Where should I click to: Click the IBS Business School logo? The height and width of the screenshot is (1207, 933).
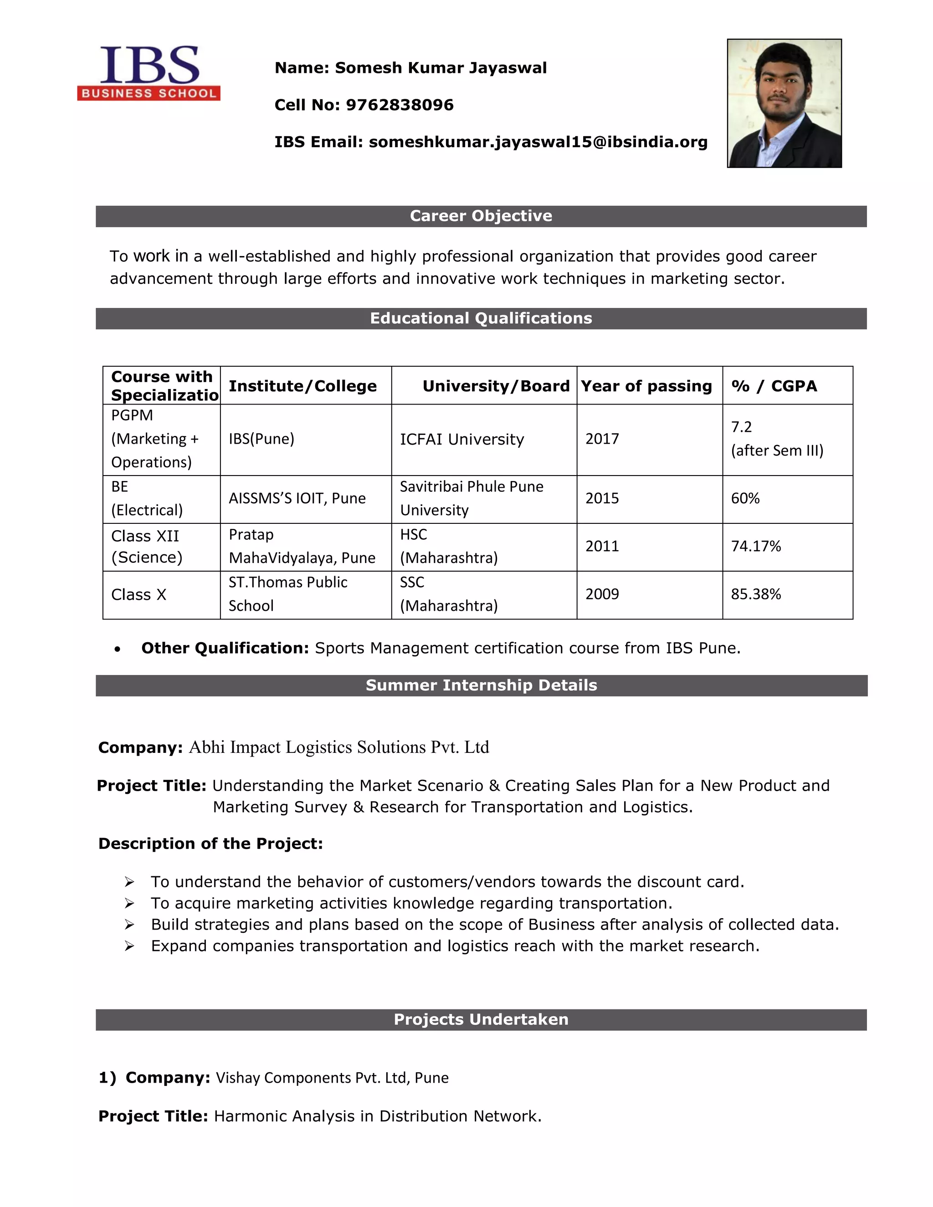coord(149,73)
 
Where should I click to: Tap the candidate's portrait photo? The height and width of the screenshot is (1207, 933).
coord(784,103)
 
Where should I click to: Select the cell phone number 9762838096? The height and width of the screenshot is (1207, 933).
coord(399,105)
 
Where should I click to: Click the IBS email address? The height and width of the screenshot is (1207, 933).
coord(538,142)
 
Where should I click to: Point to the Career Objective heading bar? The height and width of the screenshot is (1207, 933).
coord(481,216)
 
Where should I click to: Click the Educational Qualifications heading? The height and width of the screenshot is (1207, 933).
coord(481,318)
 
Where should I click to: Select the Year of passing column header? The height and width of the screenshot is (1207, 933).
coord(646,386)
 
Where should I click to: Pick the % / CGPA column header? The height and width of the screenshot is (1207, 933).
coord(774,386)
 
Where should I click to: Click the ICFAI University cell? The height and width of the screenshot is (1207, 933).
coord(461,440)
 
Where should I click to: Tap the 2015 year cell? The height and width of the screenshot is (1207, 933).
coord(602,498)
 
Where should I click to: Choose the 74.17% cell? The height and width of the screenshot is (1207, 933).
coord(756,547)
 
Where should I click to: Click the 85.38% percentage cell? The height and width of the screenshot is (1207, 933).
coord(756,594)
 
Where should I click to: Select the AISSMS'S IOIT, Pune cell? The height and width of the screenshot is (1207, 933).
coord(297,498)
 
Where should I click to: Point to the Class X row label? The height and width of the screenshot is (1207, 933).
coord(139,595)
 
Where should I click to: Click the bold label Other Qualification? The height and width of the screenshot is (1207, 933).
coord(225,648)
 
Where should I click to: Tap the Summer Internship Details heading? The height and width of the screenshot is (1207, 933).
coord(481,685)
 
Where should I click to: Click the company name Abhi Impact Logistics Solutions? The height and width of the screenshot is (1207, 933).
coord(338,747)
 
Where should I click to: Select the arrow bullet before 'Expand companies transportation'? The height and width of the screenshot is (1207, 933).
coord(129,946)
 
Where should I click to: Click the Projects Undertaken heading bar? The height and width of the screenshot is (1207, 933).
coord(481,1020)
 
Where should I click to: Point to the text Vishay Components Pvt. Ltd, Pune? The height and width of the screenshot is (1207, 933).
coord(332,1078)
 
